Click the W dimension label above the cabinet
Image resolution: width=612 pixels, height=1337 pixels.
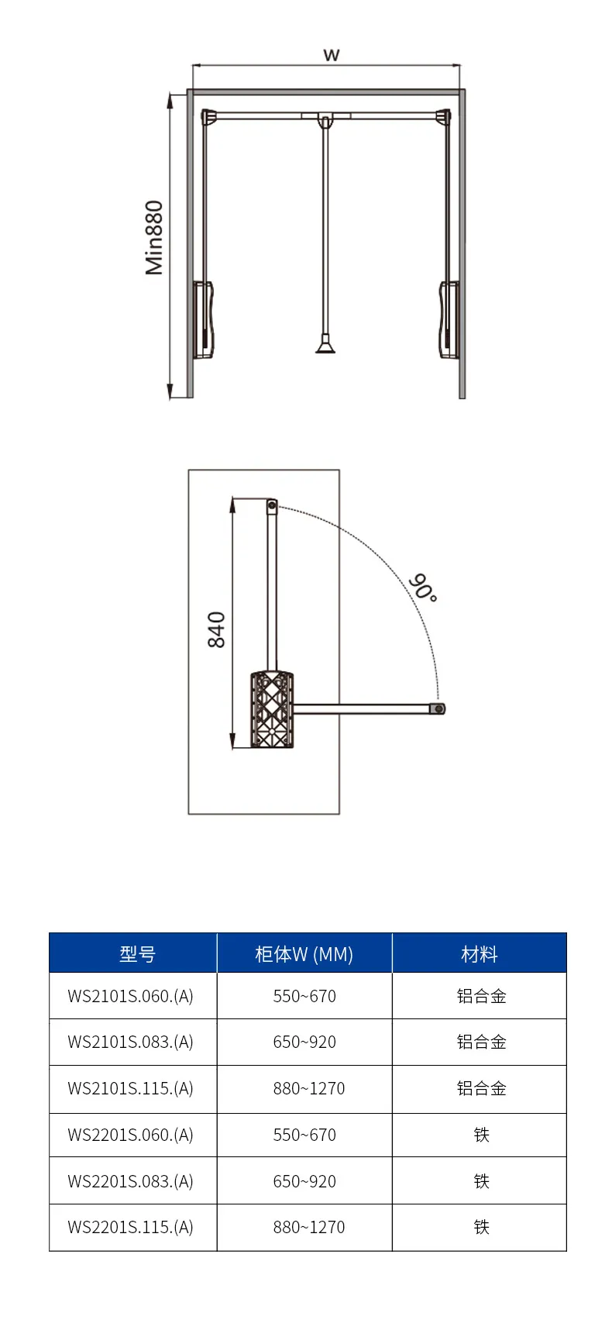(332, 55)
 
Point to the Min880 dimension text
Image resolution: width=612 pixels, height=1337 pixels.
(154, 238)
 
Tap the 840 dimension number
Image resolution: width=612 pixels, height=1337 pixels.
(216, 629)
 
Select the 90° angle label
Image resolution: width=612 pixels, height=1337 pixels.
(423, 588)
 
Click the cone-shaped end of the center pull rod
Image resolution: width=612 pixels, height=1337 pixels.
(325, 343)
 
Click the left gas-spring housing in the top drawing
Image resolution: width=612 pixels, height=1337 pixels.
(203, 319)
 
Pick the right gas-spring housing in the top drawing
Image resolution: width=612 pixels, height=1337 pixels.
(449, 319)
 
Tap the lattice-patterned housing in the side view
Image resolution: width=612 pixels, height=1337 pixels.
(272, 710)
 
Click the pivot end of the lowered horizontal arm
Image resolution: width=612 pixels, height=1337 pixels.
(438, 708)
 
